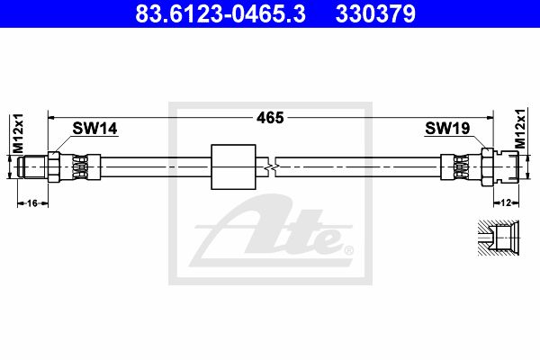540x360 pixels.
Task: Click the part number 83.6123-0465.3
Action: tap(220, 13)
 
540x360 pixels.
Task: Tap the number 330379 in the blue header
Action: tap(375, 13)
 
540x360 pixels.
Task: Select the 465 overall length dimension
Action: tap(270, 118)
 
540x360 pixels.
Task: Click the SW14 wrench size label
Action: tap(94, 128)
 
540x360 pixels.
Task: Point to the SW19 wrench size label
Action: tap(447, 128)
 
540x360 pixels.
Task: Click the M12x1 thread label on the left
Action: tap(18, 133)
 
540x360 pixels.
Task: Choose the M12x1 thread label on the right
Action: tap(520, 129)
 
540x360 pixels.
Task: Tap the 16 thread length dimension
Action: tap(32, 203)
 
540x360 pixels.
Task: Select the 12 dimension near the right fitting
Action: tap(506, 202)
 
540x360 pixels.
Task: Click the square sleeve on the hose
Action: tap(233, 166)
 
